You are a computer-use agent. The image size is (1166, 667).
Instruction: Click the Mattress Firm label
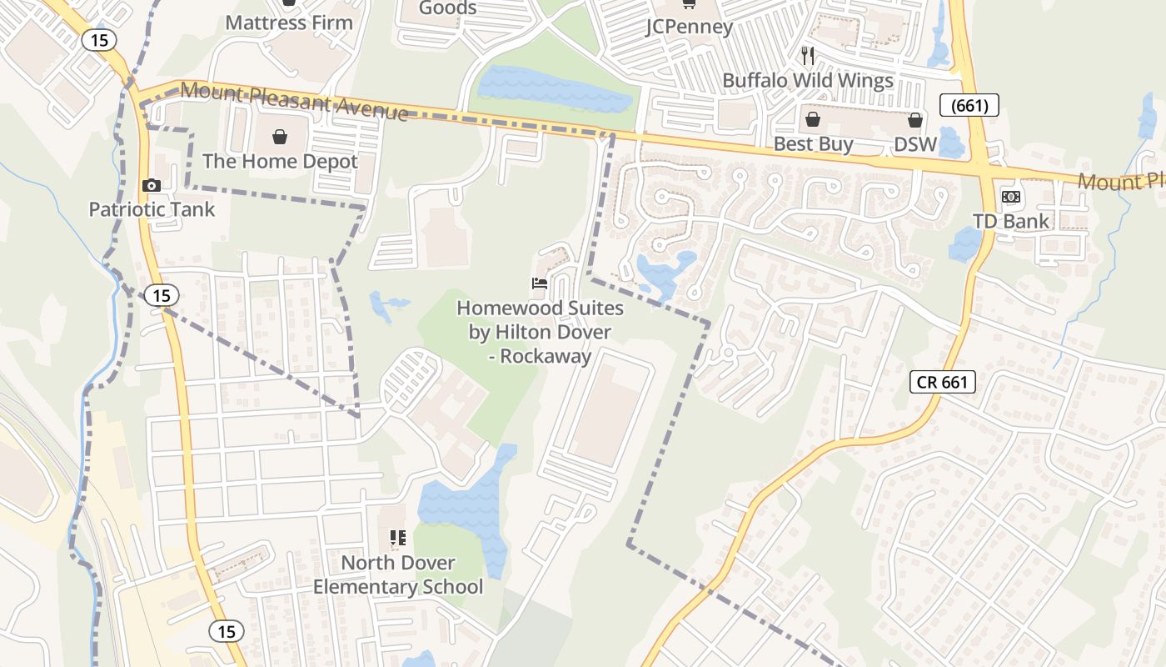point(289,23)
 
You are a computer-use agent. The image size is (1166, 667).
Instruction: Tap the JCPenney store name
point(690,27)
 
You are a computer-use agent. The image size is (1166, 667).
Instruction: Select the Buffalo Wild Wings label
point(807,81)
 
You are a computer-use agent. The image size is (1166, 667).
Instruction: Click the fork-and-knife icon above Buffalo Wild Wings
point(807,56)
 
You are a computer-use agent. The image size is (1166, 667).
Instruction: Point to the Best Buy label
point(813,144)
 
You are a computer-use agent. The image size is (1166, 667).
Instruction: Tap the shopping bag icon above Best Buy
point(813,120)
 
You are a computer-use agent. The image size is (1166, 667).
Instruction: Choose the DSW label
point(915,144)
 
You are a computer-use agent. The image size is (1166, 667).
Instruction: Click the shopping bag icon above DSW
point(915,120)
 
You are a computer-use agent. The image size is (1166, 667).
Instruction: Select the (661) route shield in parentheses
point(969,105)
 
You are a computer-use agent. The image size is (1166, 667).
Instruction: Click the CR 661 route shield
point(942,382)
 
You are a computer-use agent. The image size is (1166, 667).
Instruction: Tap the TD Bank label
point(1011,221)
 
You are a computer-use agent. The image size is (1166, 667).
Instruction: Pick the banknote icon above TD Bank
point(1011,197)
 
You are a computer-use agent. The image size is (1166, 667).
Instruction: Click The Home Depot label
point(280,161)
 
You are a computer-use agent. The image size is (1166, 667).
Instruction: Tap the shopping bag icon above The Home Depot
point(280,137)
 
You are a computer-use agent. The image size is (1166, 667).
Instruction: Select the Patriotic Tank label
point(152,209)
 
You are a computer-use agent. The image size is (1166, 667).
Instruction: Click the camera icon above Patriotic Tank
point(152,185)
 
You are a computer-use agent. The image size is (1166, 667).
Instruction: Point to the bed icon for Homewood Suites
point(540,284)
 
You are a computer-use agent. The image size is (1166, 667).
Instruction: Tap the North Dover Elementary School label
point(398,574)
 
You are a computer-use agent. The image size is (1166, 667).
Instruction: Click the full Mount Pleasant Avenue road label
point(294,101)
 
